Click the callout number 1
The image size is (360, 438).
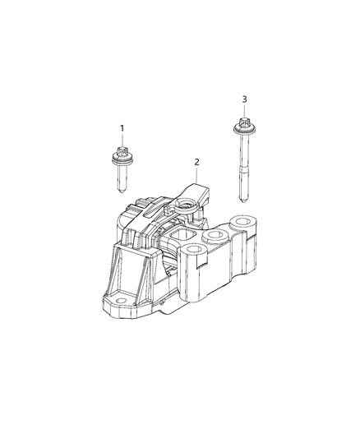(x=122, y=128)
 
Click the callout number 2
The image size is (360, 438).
(x=196, y=162)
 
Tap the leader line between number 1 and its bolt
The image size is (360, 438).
(x=122, y=141)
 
